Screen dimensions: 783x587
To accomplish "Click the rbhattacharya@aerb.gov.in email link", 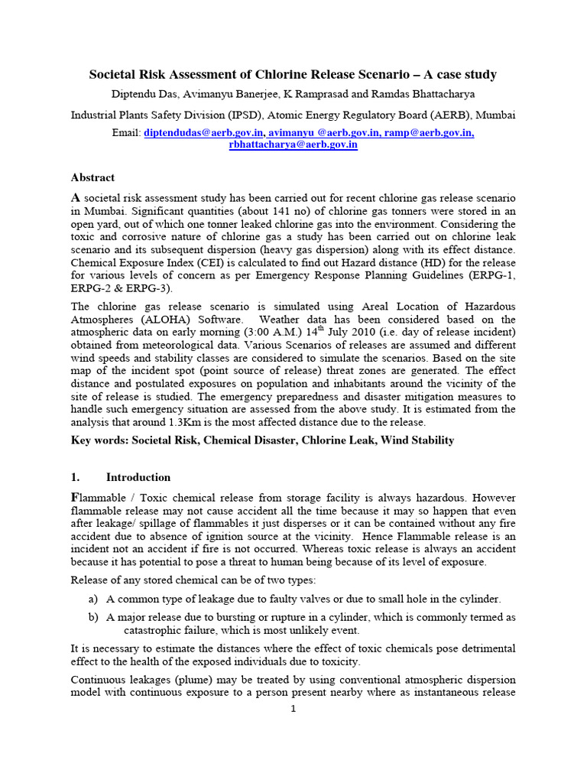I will coord(293,145).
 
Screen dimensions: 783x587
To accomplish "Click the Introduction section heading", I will coord(138,477).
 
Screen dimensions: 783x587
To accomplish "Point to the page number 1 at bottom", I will coord(293,708).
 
